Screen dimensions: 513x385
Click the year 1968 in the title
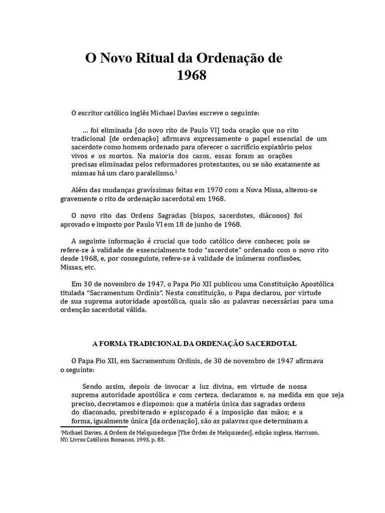[192, 76]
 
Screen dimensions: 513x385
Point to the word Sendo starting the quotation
[92, 386]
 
